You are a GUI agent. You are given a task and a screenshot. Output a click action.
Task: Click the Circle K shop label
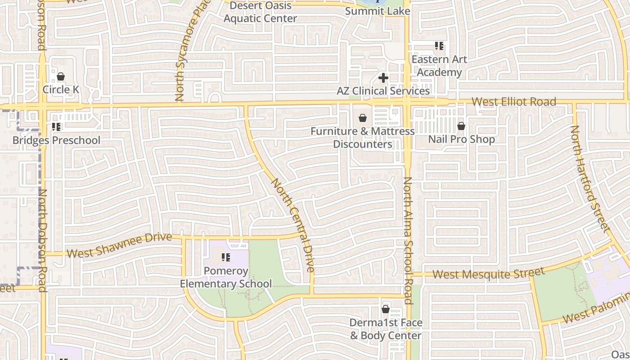tap(61, 90)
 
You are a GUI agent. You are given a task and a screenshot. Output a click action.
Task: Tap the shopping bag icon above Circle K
tap(61, 76)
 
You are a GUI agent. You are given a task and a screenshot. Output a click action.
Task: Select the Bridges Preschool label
tap(56, 140)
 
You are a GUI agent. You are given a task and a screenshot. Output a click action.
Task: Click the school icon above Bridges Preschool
tap(56, 127)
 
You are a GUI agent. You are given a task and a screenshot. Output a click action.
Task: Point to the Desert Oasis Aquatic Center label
tap(260, 12)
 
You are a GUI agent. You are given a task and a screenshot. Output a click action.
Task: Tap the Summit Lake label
tap(378, 11)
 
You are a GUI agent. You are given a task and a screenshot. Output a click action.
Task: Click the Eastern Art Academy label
tap(439, 66)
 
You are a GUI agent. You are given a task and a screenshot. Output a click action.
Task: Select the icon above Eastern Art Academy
tap(439, 46)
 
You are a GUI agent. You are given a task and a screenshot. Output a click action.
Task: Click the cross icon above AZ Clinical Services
tap(383, 78)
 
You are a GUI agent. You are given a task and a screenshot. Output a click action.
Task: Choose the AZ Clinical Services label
tap(383, 91)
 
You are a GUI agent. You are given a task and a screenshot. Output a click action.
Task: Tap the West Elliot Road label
tap(514, 102)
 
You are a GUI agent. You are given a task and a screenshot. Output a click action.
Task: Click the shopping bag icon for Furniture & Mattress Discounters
tap(362, 118)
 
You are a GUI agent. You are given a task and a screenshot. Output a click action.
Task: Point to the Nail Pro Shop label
tap(461, 139)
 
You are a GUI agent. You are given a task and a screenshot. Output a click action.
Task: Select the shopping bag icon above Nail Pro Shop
tap(461, 126)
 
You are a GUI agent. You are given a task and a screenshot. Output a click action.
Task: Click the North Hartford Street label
tap(589, 178)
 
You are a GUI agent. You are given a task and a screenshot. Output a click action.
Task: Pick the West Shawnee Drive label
tap(119, 245)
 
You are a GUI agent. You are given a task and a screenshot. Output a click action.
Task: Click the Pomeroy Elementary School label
tap(226, 277)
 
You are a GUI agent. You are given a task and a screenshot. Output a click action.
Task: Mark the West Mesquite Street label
tap(489, 273)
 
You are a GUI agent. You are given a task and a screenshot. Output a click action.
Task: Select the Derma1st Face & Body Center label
tap(386, 329)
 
